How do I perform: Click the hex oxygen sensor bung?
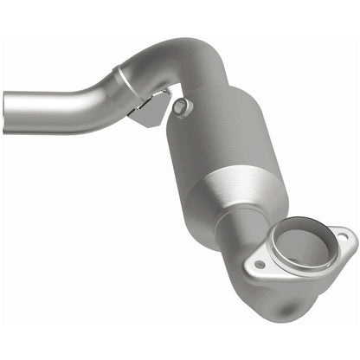pos(181,107)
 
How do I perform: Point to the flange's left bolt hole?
pos(259,264)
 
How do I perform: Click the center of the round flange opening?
pos(302,248)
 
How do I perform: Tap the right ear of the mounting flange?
pos(344,236)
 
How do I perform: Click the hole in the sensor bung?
pos(181,106)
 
